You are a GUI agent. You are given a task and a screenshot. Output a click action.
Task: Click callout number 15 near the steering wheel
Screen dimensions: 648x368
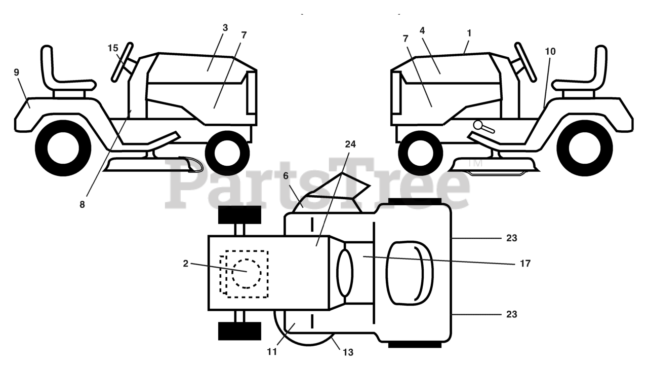[112, 48]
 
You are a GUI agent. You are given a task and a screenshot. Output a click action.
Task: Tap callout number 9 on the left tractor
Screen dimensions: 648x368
[17, 72]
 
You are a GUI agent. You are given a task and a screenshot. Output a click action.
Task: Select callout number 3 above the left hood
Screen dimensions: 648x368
[225, 28]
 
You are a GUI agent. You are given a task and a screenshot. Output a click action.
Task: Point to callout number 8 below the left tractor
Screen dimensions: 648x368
[82, 205]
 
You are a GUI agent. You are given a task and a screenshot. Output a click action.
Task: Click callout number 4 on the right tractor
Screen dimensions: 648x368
[422, 30]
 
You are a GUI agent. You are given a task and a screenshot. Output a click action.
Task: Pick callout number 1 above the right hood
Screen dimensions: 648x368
[469, 33]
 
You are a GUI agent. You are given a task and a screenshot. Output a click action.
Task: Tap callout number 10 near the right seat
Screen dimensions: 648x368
[550, 51]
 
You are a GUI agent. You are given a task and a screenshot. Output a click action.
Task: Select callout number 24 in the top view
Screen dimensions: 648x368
[350, 144]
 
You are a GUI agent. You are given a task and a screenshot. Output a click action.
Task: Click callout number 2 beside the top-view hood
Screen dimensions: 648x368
[186, 264]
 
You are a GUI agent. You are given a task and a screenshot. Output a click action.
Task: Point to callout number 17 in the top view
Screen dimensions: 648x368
[524, 264]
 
